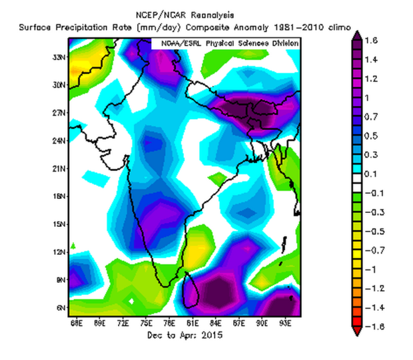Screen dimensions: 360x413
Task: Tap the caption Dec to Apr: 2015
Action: (x=185, y=336)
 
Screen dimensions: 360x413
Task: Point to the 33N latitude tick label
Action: (x=61, y=57)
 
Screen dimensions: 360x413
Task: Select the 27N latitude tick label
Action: (x=61, y=113)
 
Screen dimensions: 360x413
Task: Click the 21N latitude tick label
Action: (x=61, y=169)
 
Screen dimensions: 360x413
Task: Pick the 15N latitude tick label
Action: (x=61, y=224)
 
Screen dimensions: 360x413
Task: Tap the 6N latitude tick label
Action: (x=61, y=308)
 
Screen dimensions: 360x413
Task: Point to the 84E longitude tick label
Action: (x=216, y=324)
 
